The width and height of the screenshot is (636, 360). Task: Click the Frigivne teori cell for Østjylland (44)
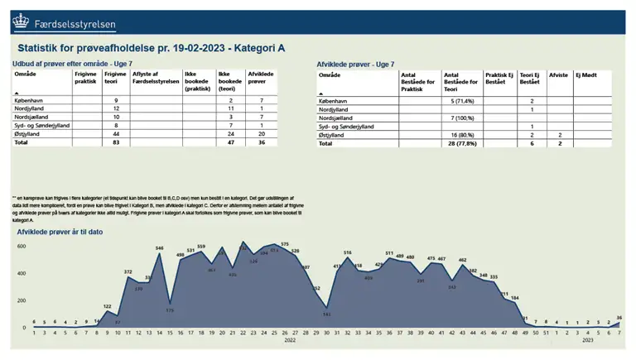tap(117, 133)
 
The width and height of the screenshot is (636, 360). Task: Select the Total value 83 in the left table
tap(117, 142)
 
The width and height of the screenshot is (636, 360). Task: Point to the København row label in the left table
tap(33, 100)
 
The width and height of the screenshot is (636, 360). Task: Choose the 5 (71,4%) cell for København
tap(462, 100)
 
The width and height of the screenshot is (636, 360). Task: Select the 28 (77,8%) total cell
tap(462, 143)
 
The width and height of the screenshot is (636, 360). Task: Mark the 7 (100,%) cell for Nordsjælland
tap(462, 118)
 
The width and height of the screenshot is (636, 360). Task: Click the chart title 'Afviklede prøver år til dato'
tap(60, 232)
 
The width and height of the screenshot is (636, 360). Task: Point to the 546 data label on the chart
tap(160, 248)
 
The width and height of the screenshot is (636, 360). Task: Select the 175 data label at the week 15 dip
tap(170, 310)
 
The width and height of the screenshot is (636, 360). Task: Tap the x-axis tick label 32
tap(348, 333)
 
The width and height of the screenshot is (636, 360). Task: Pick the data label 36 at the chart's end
tap(619, 318)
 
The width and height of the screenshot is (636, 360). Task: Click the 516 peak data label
tap(348, 252)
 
